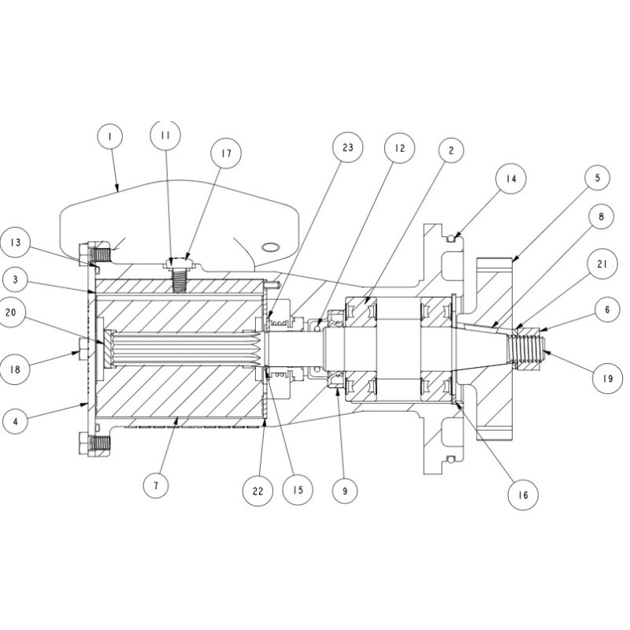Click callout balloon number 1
[x=110, y=137]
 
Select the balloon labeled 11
[x=165, y=135]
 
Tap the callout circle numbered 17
[x=226, y=154]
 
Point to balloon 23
[x=347, y=147]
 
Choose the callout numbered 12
[x=399, y=147]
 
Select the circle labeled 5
[x=597, y=178]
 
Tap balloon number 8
[x=602, y=215]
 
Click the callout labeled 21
[x=602, y=265]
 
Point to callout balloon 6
[x=606, y=311]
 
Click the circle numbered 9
[x=344, y=491]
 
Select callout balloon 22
[x=258, y=489]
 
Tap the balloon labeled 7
[x=156, y=486]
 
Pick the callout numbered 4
[x=15, y=421]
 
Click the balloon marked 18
[x=15, y=369]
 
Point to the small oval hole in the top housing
[x=271, y=246]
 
